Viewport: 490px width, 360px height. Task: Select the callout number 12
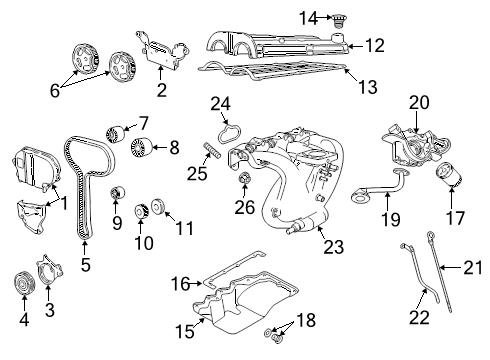coord(374,45)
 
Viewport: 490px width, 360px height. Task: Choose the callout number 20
coord(417,102)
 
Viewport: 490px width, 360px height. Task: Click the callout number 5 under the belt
coord(85,267)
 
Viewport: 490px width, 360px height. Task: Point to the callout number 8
coord(174,149)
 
